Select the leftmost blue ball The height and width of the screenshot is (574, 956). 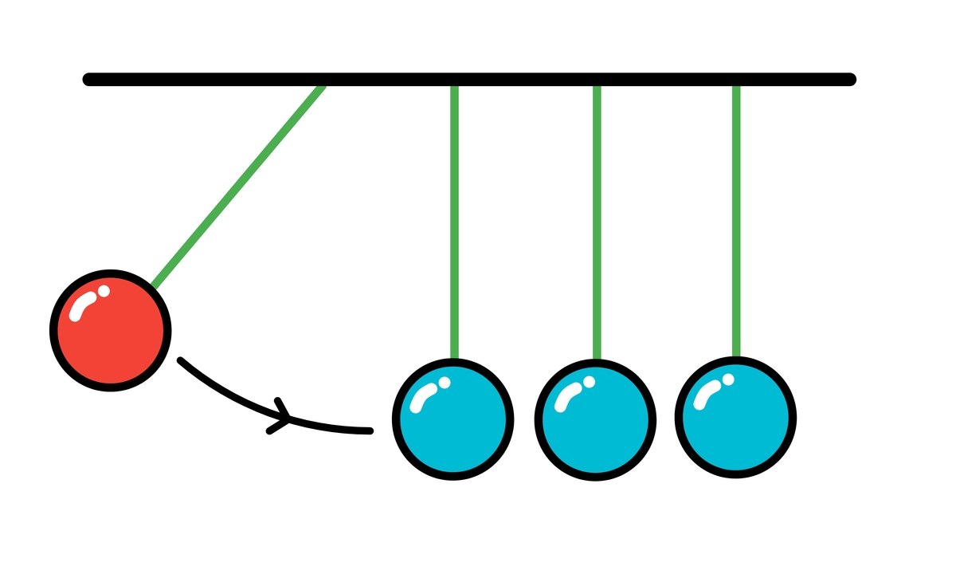click(453, 419)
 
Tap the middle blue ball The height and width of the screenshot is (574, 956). click(594, 419)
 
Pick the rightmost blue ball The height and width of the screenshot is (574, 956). click(735, 417)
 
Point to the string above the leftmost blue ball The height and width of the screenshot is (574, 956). click(454, 223)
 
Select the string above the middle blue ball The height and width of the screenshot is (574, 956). click(597, 223)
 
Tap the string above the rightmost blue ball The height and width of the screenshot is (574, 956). click(736, 223)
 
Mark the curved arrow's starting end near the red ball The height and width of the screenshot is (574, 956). click(181, 360)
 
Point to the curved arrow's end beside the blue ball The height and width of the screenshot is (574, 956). click(369, 431)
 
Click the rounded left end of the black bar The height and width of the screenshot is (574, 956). click(88, 79)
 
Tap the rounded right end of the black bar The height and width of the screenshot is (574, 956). click(850, 79)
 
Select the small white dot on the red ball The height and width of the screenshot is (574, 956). click(104, 291)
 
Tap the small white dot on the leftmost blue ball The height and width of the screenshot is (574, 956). click(445, 383)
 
